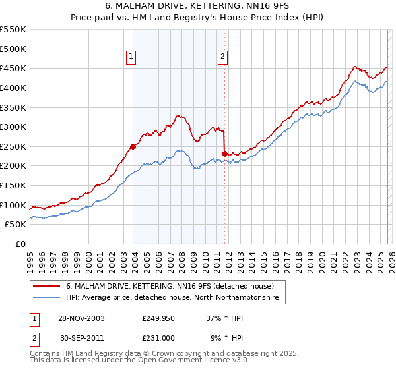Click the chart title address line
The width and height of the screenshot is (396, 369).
197,7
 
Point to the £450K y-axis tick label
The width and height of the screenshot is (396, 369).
13,68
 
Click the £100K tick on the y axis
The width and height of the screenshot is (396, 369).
13,205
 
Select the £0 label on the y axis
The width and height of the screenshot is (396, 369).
20,244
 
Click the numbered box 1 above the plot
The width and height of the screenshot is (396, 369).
132,57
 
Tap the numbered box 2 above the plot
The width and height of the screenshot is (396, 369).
223,57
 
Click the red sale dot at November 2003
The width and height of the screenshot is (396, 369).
133,146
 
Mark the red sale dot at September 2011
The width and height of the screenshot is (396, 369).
224,154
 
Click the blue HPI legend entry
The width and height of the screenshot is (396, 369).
172,298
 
